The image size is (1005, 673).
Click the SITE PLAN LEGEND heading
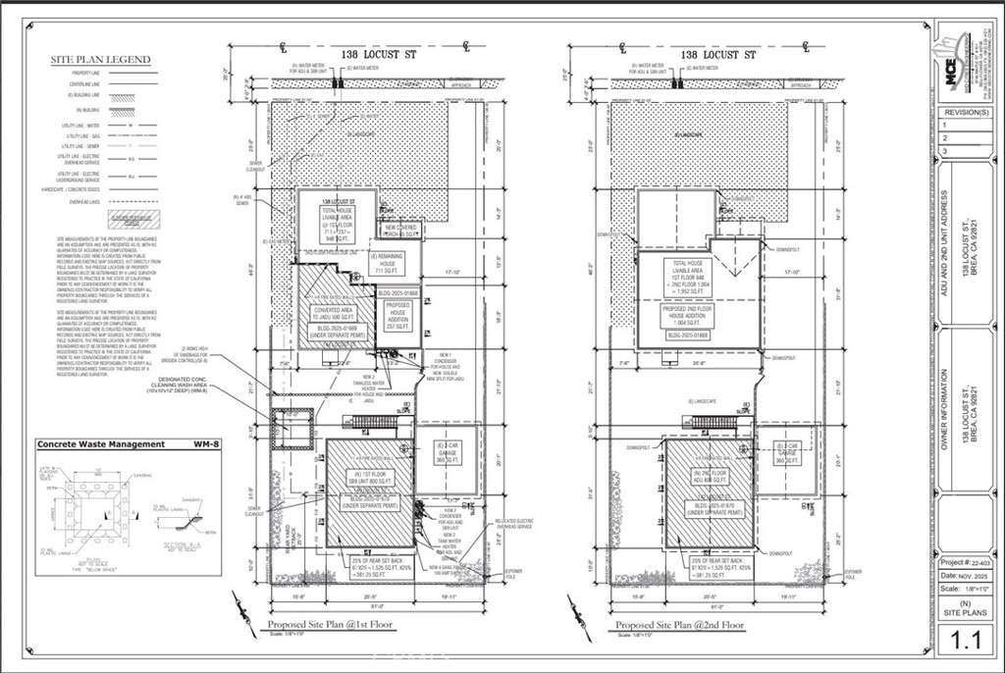pyautogui.click(x=100, y=60)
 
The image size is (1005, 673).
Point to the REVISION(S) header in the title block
pyautogui.click(x=968, y=112)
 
